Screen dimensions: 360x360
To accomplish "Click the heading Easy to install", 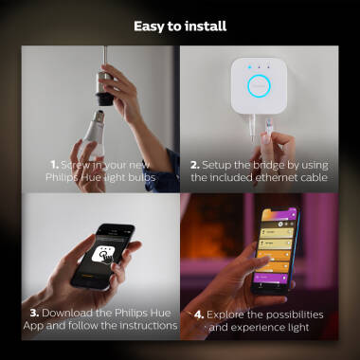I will [180, 26].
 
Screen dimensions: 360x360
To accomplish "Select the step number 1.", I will [55, 164].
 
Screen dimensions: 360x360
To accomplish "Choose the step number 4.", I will [199, 314].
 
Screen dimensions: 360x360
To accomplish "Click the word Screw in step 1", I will [79, 164].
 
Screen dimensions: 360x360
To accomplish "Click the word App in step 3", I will [37, 325].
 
